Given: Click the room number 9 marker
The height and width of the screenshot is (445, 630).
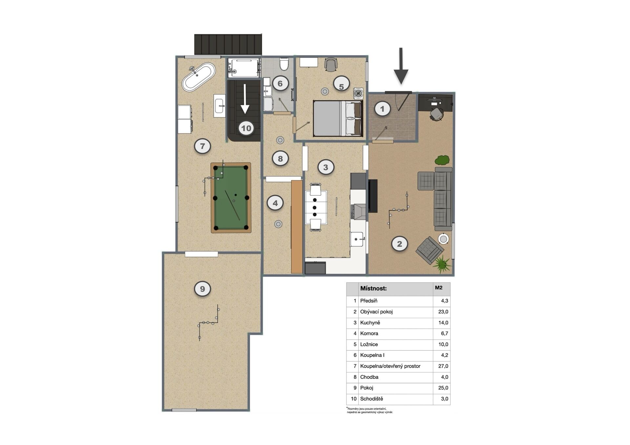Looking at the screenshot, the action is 202,289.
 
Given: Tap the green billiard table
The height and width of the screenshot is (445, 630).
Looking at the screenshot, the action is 231,198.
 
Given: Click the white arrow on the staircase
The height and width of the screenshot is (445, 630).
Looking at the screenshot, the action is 245,99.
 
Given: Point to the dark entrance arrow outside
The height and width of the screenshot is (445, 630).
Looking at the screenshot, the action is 401,66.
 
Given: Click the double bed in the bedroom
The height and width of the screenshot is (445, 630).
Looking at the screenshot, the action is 338,118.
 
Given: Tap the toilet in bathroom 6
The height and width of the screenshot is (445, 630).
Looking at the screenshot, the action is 284,64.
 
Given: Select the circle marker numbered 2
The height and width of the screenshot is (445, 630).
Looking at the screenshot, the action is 399,244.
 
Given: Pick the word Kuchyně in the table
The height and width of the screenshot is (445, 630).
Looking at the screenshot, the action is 370,323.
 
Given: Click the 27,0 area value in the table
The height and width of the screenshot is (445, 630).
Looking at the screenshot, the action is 443,366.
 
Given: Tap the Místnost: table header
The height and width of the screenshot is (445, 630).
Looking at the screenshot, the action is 373,289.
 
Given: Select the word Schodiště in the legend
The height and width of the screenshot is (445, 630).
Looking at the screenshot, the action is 371,399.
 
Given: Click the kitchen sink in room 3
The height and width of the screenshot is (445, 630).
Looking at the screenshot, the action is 357,239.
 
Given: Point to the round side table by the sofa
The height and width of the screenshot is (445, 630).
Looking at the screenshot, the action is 443,239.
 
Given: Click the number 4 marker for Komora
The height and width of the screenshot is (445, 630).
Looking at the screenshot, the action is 275,203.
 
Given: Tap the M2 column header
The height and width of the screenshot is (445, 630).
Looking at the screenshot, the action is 439,288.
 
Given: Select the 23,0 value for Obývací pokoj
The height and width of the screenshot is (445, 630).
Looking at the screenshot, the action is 443,312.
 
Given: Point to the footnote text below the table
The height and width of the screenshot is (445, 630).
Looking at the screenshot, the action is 369,410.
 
